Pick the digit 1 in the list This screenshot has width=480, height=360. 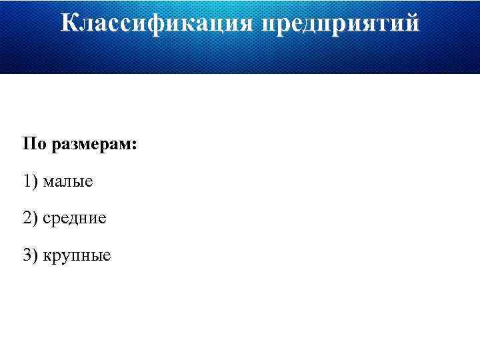click(26, 181)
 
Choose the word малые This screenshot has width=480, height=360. click(68, 181)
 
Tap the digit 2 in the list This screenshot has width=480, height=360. click(26, 217)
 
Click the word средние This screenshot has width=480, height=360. click(74, 219)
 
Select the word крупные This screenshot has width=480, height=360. click(77, 255)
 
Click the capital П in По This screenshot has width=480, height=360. click(29, 144)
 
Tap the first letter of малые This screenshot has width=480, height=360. click(48, 182)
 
